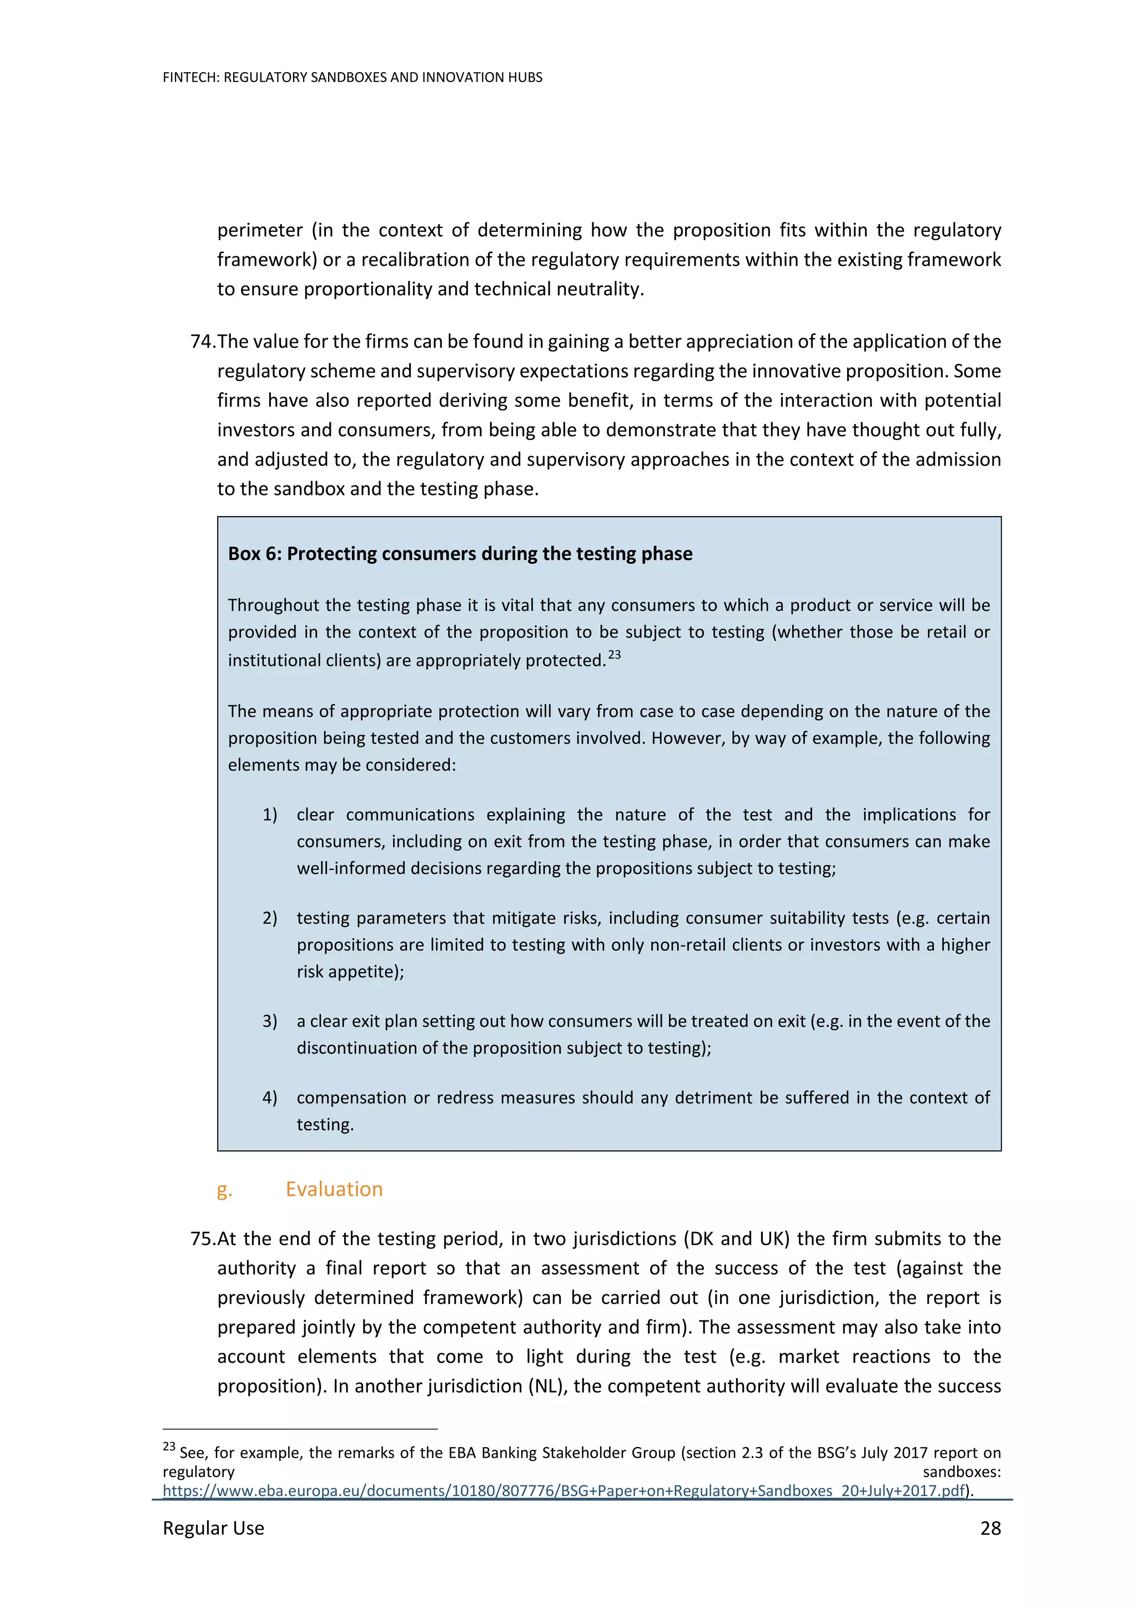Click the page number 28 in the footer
pyautogui.click(x=990, y=1528)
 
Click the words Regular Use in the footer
pyautogui.click(x=213, y=1528)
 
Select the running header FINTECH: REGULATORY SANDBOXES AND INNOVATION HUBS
pyautogui.click(x=353, y=77)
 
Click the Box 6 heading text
pyautogui.click(x=460, y=553)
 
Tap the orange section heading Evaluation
pyautogui.click(x=334, y=1189)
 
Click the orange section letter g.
pyautogui.click(x=224, y=1189)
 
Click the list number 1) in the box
pyautogui.click(x=270, y=815)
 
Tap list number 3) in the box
pyautogui.click(x=270, y=1020)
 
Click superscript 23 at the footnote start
pyautogui.click(x=169, y=1446)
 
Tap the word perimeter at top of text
pyautogui.click(x=260, y=230)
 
